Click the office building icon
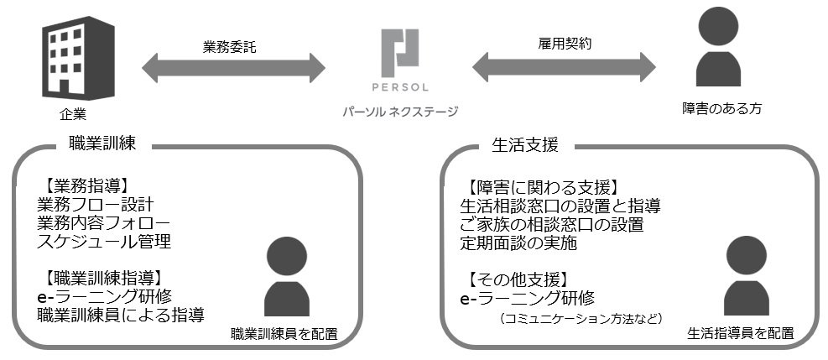click(x=78, y=58)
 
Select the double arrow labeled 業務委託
click(x=233, y=68)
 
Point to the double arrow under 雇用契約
click(x=564, y=67)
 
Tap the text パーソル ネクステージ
click(x=400, y=112)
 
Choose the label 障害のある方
click(x=721, y=109)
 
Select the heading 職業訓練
click(x=102, y=143)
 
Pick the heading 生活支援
click(x=525, y=144)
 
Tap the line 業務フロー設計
click(x=96, y=205)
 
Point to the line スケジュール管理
click(x=104, y=242)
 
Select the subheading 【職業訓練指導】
click(x=101, y=278)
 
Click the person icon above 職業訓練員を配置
click(x=287, y=276)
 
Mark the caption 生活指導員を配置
click(x=741, y=334)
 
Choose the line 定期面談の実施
click(x=518, y=243)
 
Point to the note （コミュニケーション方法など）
click(x=581, y=318)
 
